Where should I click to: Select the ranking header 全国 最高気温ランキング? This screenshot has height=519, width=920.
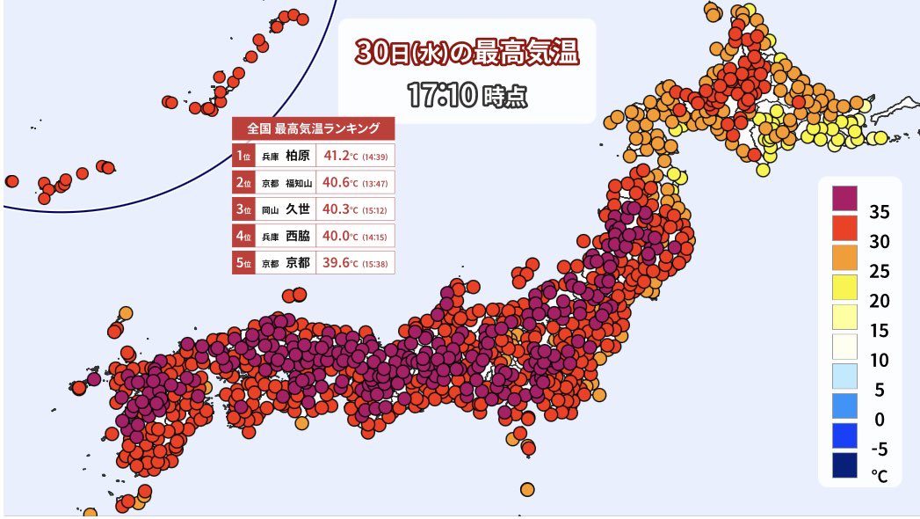coord(314,128)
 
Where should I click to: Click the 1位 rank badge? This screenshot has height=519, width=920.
coord(243,157)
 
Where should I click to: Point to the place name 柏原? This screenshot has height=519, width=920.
coord(299,157)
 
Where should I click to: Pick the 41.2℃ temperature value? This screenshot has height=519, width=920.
coord(342,157)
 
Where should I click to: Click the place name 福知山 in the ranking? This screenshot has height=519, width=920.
coord(298,183)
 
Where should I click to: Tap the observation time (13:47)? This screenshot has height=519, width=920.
coord(378,183)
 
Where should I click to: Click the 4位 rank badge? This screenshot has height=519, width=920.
coord(243,236)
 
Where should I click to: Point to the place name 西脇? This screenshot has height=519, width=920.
coord(299,236)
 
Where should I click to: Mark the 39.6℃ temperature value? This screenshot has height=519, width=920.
coord(342,262)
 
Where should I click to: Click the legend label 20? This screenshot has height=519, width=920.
coord(879,301)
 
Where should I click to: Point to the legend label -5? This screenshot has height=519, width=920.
coord(879,449)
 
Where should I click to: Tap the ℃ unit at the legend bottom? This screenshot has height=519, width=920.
coord(879,476)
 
